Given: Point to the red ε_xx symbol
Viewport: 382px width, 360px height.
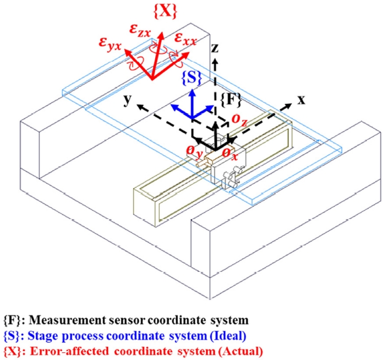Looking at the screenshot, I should (x=186, y=38).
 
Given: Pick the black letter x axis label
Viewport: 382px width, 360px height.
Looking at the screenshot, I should (x=301, y=100).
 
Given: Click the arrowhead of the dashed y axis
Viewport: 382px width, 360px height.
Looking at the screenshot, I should (x=140, y=105).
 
